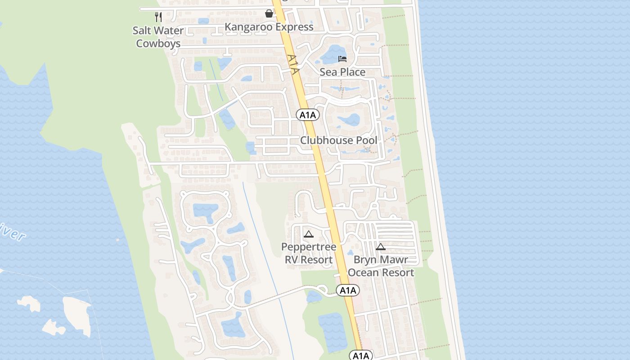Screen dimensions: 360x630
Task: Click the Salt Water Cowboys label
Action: [x=158, y=37]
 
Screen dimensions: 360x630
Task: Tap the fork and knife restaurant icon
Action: [x=158, y=17]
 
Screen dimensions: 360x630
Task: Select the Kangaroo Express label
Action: [x=269, y=27]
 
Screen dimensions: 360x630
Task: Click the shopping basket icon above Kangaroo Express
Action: [x=269, y=13]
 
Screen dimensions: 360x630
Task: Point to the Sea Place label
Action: [x=342, y=72]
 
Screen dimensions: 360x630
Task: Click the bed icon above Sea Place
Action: [x=342, y=58]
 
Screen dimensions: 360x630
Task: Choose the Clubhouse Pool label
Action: [x=339, y=140]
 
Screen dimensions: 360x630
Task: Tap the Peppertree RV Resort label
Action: [x=309, y=253]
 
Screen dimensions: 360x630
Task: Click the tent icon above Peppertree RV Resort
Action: [x=308, y=234]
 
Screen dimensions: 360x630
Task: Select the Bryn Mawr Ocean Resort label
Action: [x=381, y=266]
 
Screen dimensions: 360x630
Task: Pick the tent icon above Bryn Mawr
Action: [x=381, y=247]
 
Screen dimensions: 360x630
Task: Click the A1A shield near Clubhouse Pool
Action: [x=308, y=115]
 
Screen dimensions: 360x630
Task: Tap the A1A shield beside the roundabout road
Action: [x=348, y=290]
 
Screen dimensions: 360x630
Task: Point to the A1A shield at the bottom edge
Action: [x=361, y=356]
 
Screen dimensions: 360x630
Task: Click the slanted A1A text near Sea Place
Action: [x=293, y=64]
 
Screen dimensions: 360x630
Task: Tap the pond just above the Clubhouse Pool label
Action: [x=349, y=120]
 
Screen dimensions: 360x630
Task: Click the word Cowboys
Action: [x=158, y=44]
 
